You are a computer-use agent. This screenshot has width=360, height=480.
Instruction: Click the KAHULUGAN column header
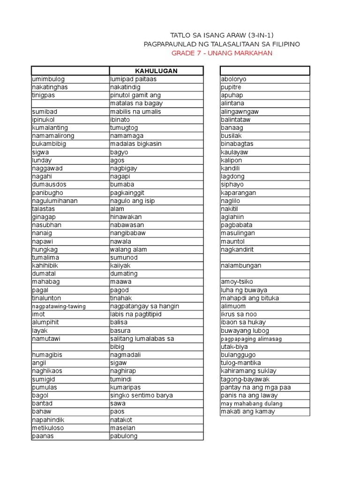tap(156, 71)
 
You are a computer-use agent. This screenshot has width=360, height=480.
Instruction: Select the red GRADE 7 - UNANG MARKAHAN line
tap(222, 53)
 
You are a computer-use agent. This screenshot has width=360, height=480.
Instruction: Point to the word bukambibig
tap(49, 144)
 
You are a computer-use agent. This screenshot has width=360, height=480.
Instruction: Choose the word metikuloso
tap(48, 428)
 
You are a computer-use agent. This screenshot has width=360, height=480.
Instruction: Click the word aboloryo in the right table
tap(233, 79)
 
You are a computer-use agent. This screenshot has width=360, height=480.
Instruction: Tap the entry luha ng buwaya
tap(244, 290)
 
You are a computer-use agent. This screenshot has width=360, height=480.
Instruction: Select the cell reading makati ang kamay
tap(248, 412)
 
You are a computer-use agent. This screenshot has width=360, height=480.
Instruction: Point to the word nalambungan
tap(241, 266)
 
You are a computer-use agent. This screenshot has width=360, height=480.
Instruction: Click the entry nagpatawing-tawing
tap(59, 306)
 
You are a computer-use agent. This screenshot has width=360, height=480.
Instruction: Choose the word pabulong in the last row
tap(124, 436)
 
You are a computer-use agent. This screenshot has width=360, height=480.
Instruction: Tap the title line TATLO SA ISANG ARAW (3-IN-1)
tap(222, 35)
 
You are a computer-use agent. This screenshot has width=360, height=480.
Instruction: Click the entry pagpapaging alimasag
tap(251, 338)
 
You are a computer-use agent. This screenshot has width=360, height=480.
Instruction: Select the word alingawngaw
tap(240, 112)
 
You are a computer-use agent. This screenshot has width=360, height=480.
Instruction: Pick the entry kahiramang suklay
tap(248, 371)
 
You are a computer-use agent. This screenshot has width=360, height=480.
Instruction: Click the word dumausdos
tap(49, 184)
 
